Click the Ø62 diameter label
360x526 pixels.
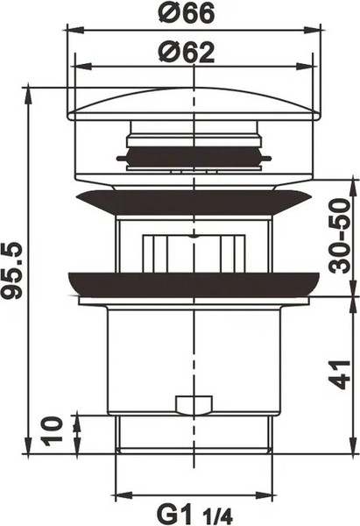187,52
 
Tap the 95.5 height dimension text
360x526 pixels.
13,268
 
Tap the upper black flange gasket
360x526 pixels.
194,202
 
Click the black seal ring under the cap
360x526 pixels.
193,159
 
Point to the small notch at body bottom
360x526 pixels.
194,405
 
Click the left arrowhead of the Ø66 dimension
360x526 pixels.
71,30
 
